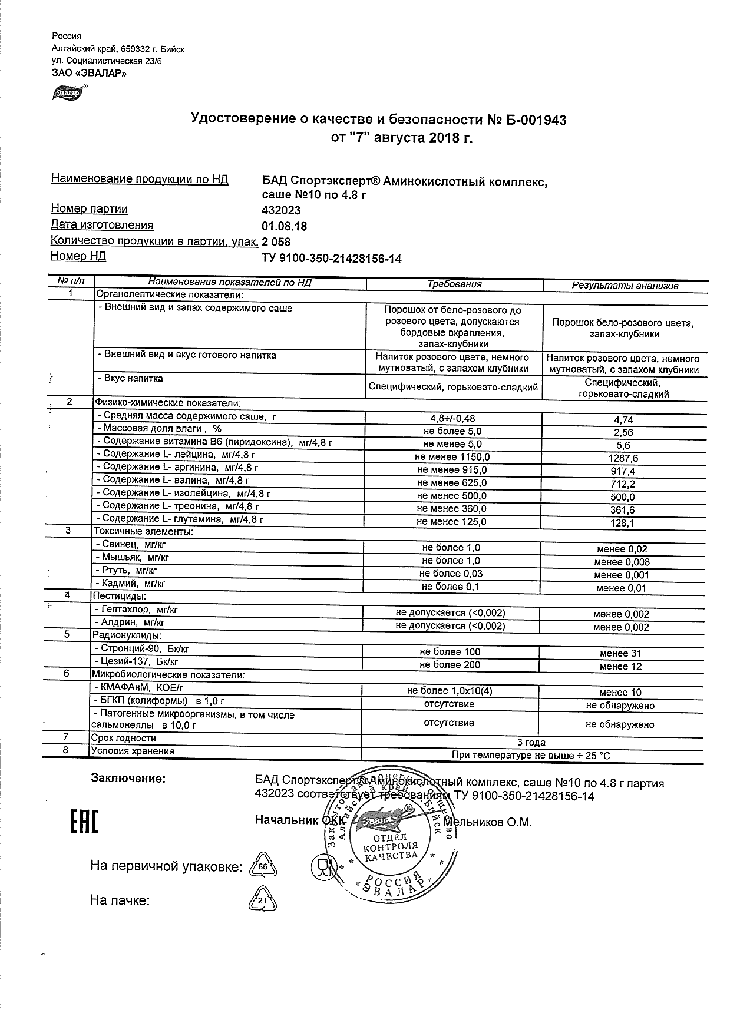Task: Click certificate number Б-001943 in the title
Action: [527, 120]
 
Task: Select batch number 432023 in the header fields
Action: [281, 211]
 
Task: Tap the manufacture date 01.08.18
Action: [284, 226]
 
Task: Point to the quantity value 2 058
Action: [276, 242]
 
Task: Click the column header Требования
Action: [454, 284]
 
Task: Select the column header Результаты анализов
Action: [625, 286]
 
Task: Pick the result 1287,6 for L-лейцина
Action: [623, 458]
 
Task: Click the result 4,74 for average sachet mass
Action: [623, 419]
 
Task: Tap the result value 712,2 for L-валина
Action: [623, 484]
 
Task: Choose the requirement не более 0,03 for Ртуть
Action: [451, 574]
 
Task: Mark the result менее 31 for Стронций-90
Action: [620, 653]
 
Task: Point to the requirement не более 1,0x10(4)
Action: [450, 691]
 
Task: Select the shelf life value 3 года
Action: [531, 742]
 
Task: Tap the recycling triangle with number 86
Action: [263, 867]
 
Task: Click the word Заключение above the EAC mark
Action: [128, 779]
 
